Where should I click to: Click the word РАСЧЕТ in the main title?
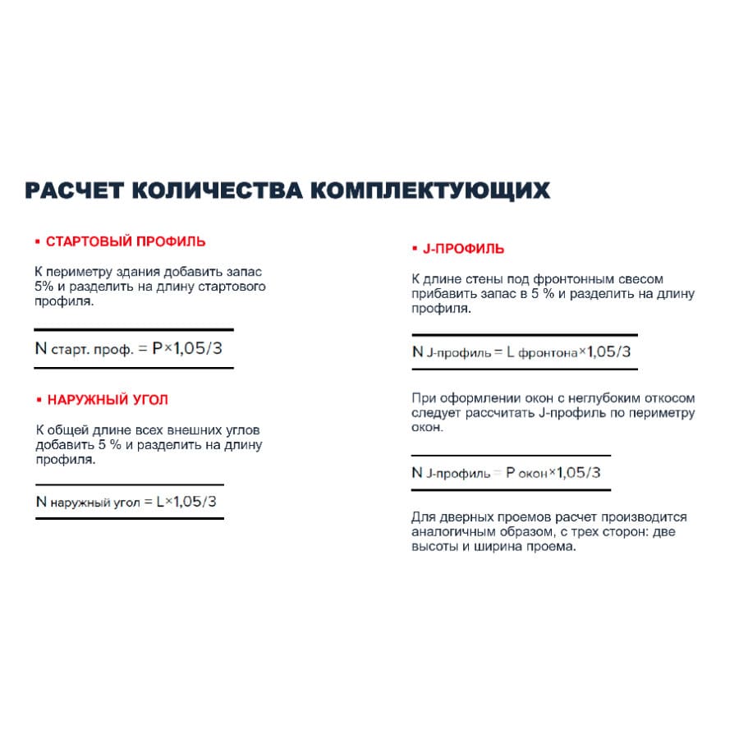click(72, 191)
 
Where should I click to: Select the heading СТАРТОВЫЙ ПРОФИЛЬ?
click(126, 242)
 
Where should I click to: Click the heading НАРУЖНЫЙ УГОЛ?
click(108, 400)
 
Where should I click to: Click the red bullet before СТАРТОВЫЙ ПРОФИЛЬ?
click(38, 242)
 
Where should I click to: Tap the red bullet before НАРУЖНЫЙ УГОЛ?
click(38, 400)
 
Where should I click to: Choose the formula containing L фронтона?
click(521, 352)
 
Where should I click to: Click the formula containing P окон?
click(506, 473)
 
